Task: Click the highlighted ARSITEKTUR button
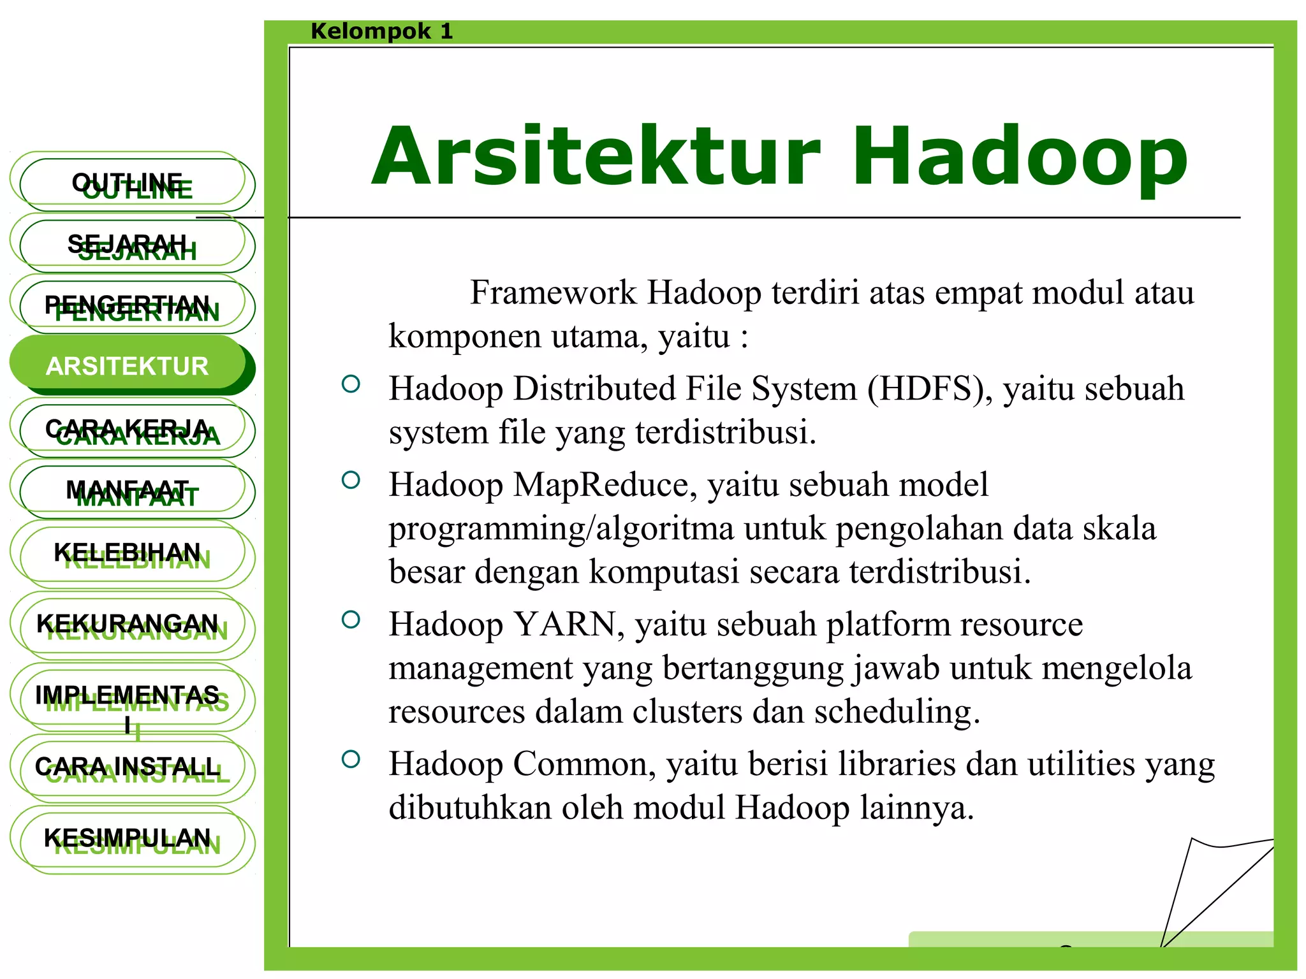(128, 366)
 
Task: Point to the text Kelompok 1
(381, 31)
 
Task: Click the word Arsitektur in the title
(596, 157)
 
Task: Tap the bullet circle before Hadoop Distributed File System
(351, 384)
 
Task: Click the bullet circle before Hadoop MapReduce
(351, 480)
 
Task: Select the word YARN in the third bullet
(564, 625)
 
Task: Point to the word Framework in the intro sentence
(553, 293)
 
